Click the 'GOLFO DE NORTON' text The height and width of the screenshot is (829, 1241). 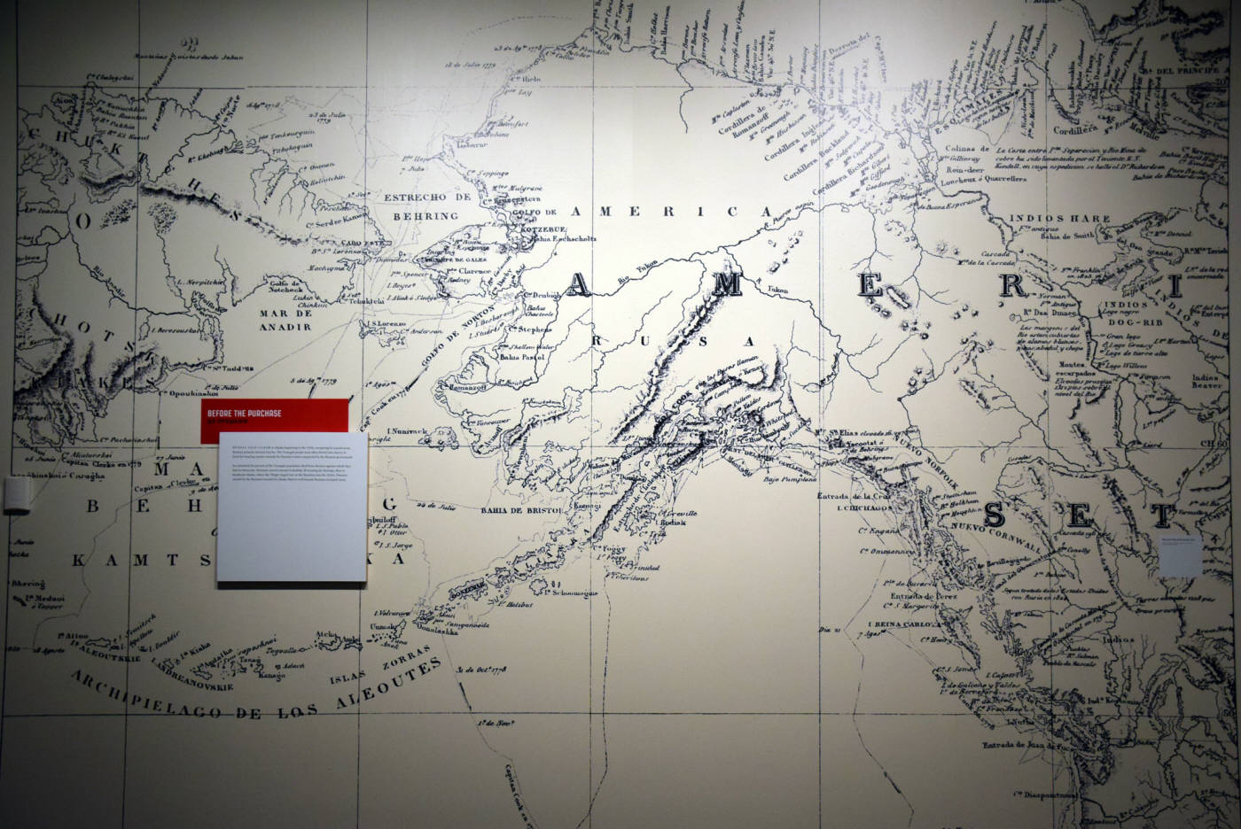click(460, 341)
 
